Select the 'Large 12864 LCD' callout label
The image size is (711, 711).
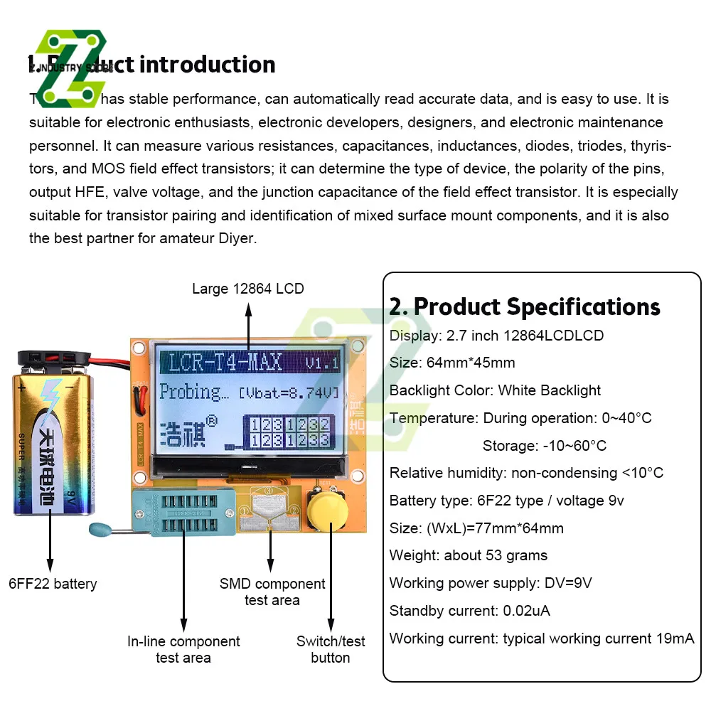coord(247,289)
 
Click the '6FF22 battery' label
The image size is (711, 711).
coord(53,584)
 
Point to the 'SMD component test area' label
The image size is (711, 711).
coord(272,592)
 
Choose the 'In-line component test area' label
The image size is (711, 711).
coord(183,649)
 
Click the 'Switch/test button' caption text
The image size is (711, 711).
coord(331,649)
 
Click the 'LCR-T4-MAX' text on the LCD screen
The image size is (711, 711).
coord(225,362)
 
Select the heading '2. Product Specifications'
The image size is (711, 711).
coord(525,306)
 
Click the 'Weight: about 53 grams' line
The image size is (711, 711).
coord(469,555)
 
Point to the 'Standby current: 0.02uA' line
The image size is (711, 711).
coord(469,611)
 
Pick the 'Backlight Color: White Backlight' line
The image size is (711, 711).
coord(495,390)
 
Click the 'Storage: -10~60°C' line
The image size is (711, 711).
coord(544,446)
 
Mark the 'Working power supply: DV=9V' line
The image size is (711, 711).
coord(491,583)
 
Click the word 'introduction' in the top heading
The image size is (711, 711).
coord(207,65)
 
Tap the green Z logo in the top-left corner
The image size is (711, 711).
coord(70,68)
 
